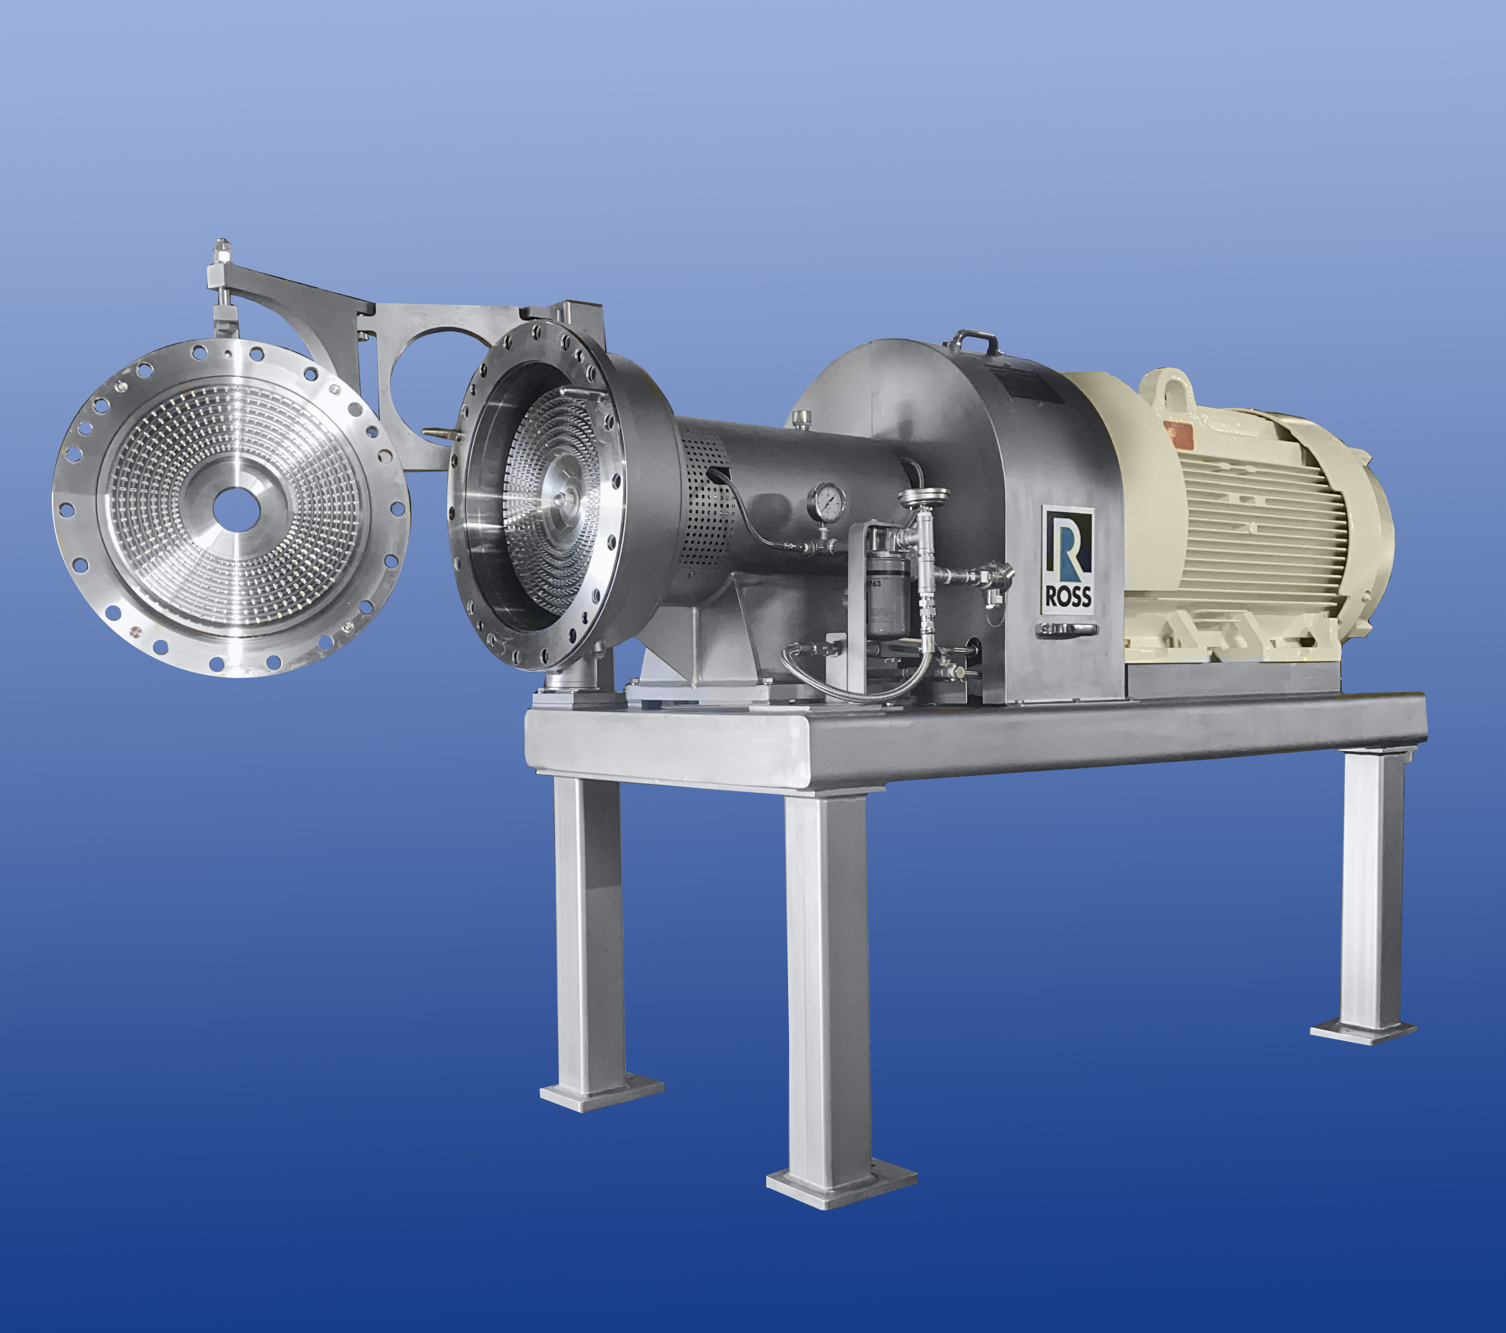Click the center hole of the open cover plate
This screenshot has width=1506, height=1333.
click(x=236, y=508)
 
